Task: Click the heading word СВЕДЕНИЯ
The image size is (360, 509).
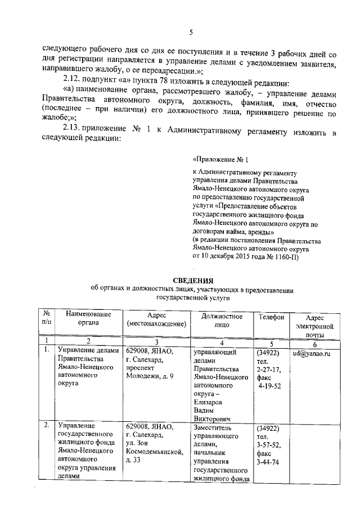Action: point(192,280)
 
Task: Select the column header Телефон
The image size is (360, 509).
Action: point(271,317)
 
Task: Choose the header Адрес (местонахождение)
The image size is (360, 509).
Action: point(156,321)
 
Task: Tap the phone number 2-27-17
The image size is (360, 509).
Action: point(268,370)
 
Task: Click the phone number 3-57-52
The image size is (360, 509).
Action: point(268,444)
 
